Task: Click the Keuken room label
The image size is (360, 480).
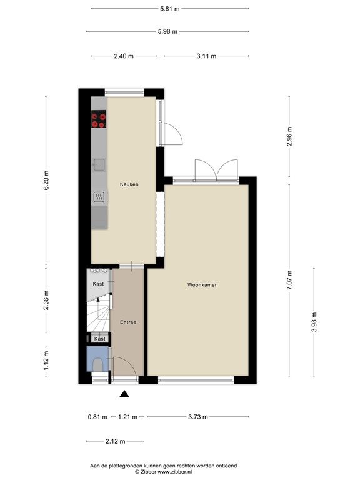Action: [x=129, y=184]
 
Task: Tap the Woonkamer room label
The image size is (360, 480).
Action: [x=202, y=285]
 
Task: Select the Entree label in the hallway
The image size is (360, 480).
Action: [x=128, y=322]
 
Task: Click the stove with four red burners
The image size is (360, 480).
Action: [x=99, y=119]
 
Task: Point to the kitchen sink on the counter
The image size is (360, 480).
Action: [x=99, y=164]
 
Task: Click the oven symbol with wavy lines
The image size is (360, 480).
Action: [x=99, y=198]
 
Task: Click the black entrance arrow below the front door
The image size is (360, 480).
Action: [x=124, y=394]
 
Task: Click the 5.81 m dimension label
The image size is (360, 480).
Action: [x=169, y=9]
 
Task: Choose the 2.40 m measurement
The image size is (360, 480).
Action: [x=124, y=56]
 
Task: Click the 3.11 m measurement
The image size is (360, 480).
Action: [x=206, y=56]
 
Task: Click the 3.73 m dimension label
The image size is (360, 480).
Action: [x=198, y=417]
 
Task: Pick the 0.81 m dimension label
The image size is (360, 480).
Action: [x=97, y=417]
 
